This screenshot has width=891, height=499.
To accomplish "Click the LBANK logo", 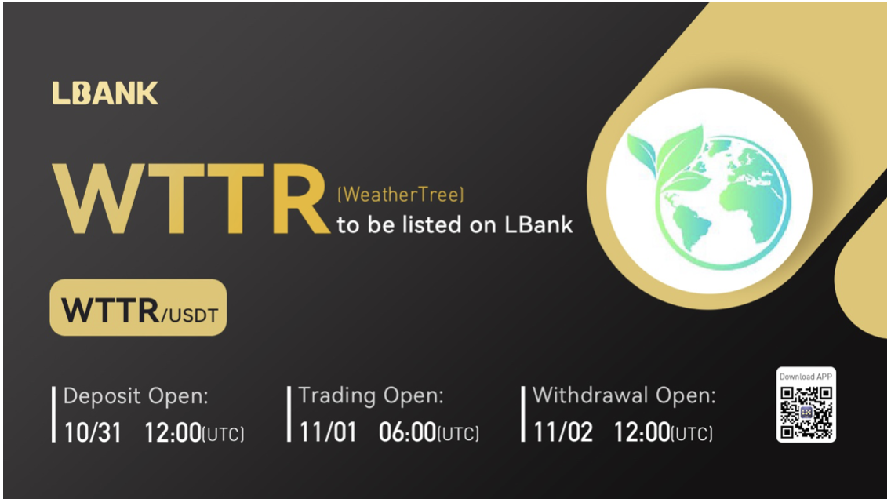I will (105, 93).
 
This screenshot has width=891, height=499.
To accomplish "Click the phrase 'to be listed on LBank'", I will (455, 225).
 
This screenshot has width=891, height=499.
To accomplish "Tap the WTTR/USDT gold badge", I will (138, 308).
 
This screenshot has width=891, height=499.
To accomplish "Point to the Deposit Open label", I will (136, 396).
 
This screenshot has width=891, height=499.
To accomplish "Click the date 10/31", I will (93, 432).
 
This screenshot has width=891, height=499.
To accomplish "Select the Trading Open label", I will (371, 396).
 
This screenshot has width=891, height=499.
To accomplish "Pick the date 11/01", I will (327, 432).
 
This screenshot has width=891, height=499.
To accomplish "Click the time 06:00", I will (407, 432).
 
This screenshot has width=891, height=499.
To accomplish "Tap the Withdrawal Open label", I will (624, 396).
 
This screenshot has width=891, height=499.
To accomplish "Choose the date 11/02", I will (562, 432).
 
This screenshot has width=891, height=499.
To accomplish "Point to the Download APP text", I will (806, 377).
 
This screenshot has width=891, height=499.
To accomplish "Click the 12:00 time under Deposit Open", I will (173, 432).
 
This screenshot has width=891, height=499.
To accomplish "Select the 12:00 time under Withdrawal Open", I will (642, 432).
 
